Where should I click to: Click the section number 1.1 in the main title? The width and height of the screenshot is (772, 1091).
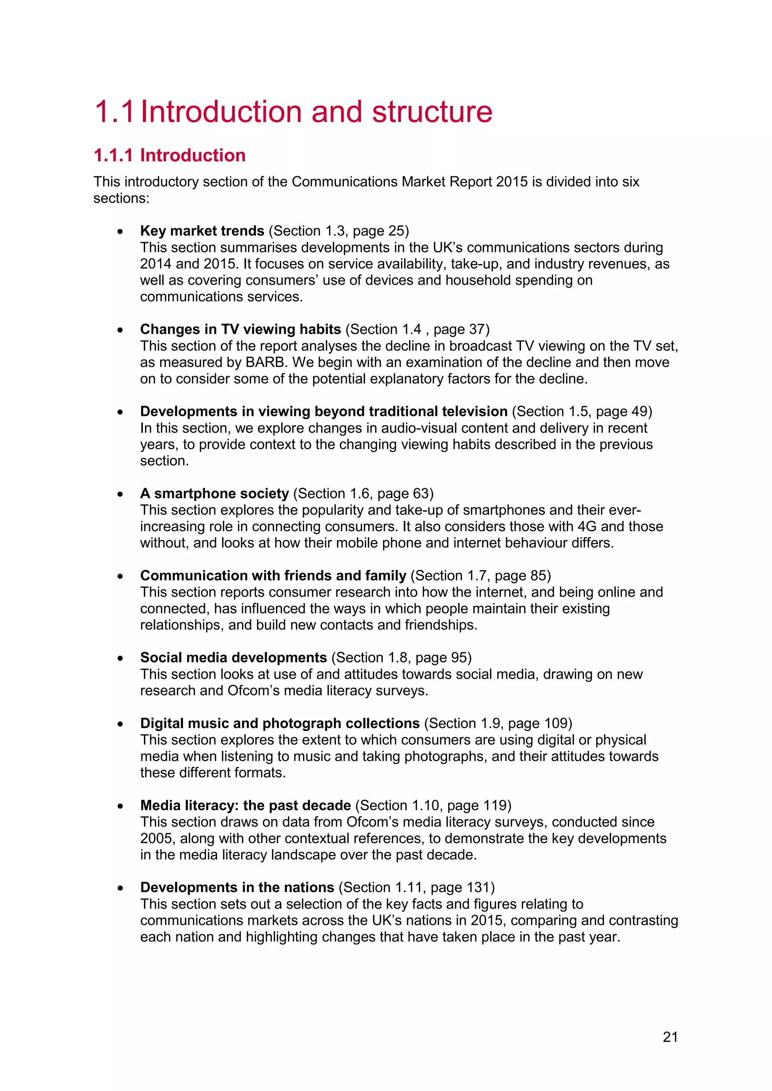click(x=114, y=112)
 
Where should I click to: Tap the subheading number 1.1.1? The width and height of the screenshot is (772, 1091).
click(x=113, y=155)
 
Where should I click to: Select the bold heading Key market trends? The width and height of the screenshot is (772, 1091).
click(x=202, y=231)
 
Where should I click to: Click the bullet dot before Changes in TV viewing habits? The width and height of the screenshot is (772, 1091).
click(x=121, y=330)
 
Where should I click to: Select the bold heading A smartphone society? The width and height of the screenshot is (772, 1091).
click(x=214, y=494)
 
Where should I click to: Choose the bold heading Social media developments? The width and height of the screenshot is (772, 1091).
click(x=233, y=658)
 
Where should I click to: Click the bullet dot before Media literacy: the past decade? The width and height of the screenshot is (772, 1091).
click(x=121, y=806)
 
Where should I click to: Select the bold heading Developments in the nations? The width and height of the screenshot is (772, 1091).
click(x=237, y=888)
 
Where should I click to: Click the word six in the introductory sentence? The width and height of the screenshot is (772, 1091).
click(x=630, y=182)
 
